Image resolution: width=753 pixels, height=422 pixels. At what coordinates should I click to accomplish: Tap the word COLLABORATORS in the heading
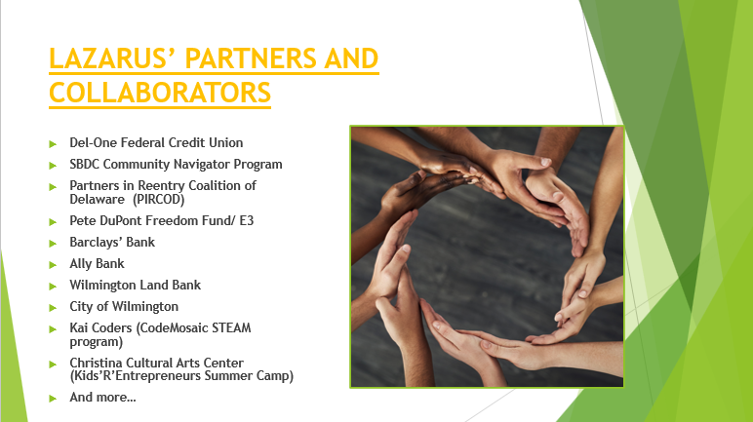tap(160, 93)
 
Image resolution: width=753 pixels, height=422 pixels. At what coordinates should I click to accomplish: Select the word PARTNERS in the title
tap(251, 58)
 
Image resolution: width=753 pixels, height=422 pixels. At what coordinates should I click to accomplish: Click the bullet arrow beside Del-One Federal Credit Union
tap(53, 144)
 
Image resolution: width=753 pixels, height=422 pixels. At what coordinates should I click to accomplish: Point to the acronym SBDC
tap(85, 164)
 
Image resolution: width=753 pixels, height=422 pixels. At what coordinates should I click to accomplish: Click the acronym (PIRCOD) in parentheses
tap(159, 199)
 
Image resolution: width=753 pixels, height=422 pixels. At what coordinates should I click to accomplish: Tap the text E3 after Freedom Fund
tap(247, 221)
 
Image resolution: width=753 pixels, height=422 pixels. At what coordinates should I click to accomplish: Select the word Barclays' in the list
tap(96, 242)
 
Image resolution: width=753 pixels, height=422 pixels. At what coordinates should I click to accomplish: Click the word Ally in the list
tap(81, 264)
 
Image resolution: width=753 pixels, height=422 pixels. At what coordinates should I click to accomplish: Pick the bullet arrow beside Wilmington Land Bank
tap(53, 287)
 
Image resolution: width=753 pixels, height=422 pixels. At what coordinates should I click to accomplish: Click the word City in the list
tap(81, 307)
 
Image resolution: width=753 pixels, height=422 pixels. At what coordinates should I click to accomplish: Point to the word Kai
tap(78, 327)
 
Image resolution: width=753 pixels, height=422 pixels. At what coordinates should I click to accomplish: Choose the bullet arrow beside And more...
tap(53, 399)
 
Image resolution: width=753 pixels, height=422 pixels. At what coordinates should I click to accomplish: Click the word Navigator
tap(202, 164)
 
